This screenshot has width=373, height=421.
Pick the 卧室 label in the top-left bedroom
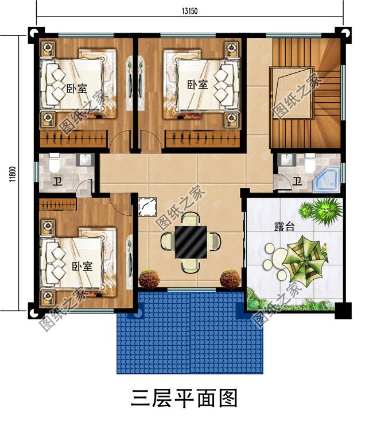click(76, 88)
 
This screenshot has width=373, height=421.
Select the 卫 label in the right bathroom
click(297, 182)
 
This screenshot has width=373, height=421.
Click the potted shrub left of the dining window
click(149, 280)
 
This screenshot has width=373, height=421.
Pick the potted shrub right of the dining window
click(230, 280)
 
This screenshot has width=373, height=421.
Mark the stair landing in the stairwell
click(293, 92)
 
